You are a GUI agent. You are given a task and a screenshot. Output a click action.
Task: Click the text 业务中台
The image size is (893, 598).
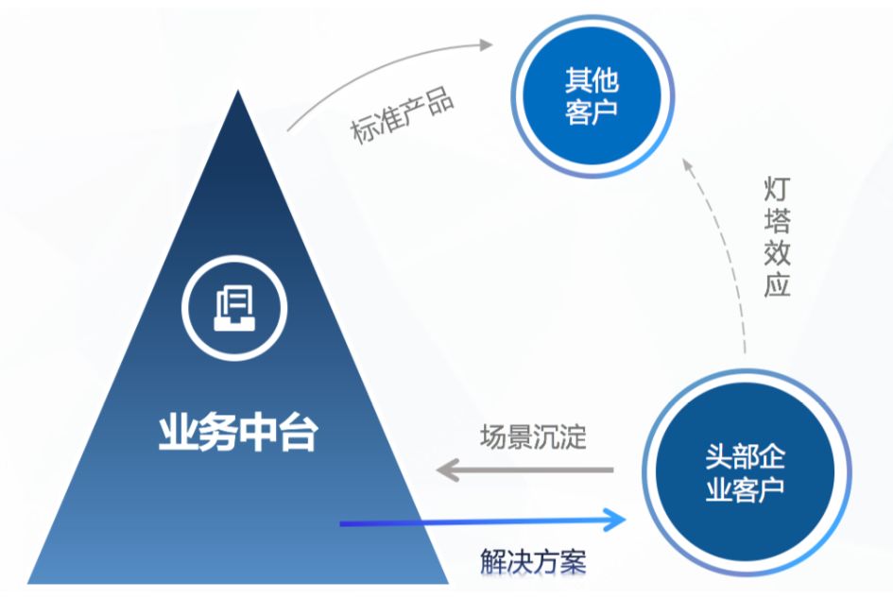tap(237, 435)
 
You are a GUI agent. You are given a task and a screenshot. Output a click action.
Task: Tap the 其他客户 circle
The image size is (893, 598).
tap(592, 94)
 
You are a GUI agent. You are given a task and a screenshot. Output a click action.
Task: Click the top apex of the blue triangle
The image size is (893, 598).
tap(238, 93)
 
